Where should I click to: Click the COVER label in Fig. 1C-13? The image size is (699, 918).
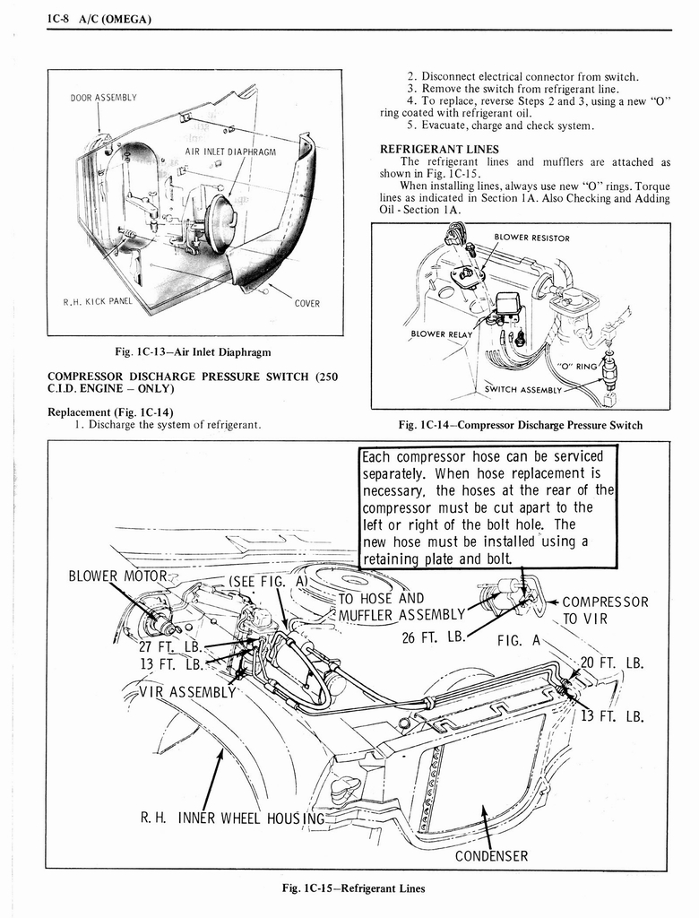306,303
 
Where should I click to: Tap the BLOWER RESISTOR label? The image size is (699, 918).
531,238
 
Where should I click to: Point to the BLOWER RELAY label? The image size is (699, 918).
441,333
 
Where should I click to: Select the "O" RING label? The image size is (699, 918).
577,365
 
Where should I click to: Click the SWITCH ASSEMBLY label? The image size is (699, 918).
522,390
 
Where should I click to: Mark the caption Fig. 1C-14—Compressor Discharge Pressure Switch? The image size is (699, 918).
521,425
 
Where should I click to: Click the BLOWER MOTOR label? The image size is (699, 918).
110,576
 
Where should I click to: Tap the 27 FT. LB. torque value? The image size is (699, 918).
171,648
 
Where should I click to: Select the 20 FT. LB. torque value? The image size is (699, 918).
612,663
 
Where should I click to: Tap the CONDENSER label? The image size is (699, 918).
491,855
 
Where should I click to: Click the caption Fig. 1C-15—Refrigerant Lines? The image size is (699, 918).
354,888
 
